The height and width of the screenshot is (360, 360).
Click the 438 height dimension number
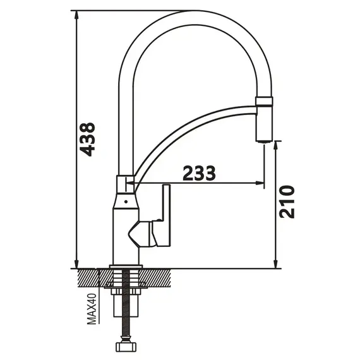(x=87, y=140)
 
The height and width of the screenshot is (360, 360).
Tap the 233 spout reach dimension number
(x=199, y=173)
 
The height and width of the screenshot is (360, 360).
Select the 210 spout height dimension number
(x=287, y=202)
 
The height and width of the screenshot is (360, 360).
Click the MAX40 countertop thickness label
(x=92, y=309)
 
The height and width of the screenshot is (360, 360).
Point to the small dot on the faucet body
(x=126, y=202)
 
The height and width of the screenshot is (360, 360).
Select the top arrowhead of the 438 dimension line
(x=76, y=16)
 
